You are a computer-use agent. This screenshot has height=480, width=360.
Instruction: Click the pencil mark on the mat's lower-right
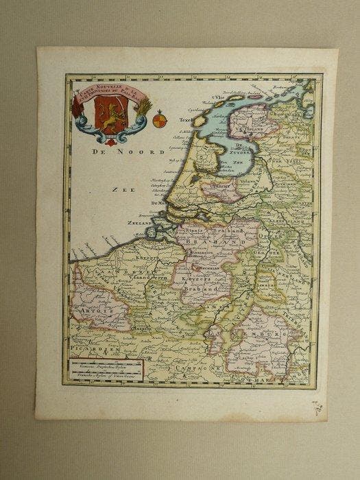[317, 408]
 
